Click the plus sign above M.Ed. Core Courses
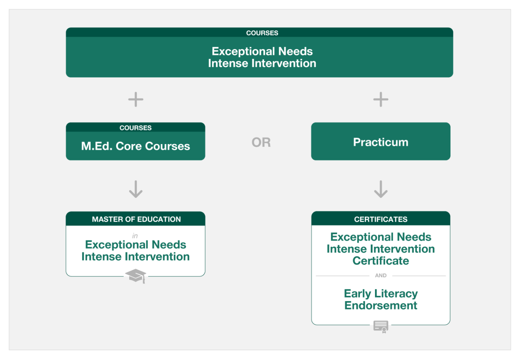[x=136, y=99]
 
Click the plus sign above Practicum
[x=381, y=99]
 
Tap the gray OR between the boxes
[x=261, y=142]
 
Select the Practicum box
[x=381, y=141]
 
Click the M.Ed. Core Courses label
[x=136, y=146]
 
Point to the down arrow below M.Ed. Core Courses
[x=136, y=189]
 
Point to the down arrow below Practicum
[x=381, y=189]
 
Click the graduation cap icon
[x=136, y=276]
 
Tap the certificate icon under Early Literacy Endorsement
[x=381, y=327]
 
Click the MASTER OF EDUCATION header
[x=136, y=219]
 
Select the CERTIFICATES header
[x=381, y=219]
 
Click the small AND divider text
[x=381, y=276]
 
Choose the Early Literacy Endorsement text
[x=381, y=300]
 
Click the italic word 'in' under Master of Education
[x=135, y=236]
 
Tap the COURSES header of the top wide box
[x=262, y=33]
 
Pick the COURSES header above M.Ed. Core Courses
[x=136, y=128]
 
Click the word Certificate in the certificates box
[x=381, y=261]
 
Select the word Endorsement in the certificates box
[x=381, y=305]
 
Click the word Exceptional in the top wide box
[x=243, y=51]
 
